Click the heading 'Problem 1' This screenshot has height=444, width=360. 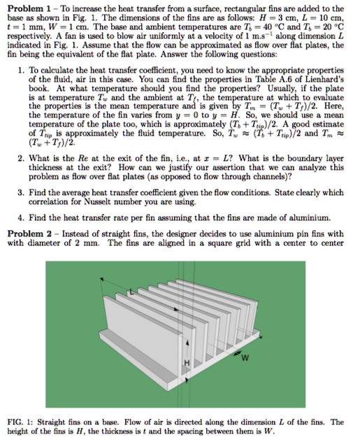[24, 6]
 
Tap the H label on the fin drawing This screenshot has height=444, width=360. [187, 362]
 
